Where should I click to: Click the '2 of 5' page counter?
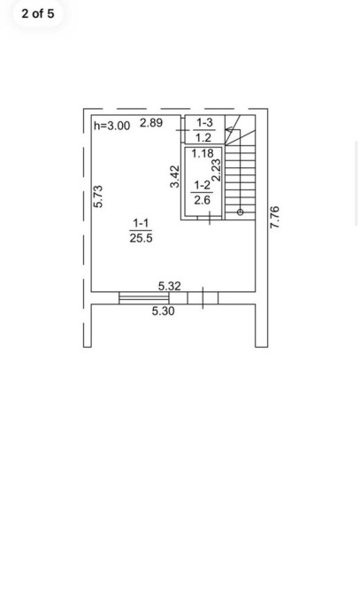pos(38,13)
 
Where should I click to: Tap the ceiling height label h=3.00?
pos(111,126)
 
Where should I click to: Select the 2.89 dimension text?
pos(151,122)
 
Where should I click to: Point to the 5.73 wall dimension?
pos(98,196)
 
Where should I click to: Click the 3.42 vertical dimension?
pos(175,176)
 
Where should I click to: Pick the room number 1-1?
pos(141,224)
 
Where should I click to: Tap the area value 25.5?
pos(141,238)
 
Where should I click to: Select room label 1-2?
pos(202,185)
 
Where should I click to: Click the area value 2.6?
pos(202,200)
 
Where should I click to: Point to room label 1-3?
pos(204,122)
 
